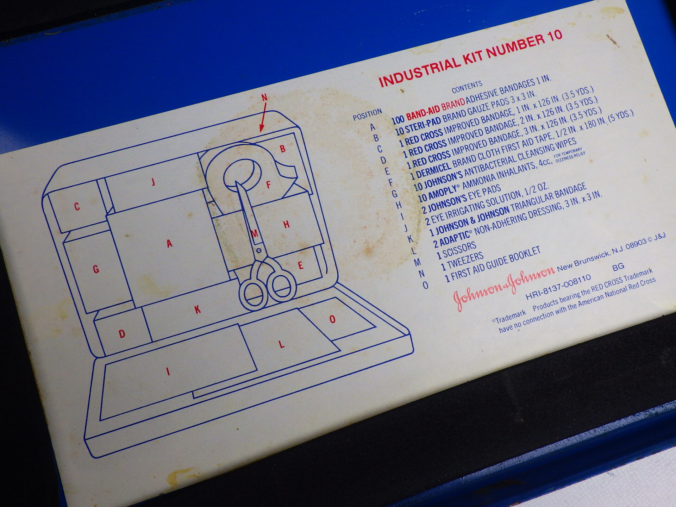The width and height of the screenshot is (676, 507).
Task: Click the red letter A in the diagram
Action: (170, 243)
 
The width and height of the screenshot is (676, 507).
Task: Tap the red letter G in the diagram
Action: (96, 269)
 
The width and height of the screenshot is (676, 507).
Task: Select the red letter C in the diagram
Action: (77, 206)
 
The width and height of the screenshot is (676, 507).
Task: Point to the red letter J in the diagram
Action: (153, 182)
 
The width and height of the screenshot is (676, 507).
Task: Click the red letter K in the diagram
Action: (198, 309)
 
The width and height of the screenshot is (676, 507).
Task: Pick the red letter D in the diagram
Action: (122, 333)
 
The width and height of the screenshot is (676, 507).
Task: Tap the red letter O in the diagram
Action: (332, 319)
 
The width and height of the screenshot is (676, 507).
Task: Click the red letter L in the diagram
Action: (281, 344)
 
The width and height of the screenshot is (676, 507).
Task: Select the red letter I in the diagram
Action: (168, 371)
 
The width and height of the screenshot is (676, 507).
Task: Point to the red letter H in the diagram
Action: (286, 224)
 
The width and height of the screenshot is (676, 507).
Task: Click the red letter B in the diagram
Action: (283, 149)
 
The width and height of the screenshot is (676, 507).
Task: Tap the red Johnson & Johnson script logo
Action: (503, 288)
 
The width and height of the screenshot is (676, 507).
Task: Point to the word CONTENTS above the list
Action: (467, 87)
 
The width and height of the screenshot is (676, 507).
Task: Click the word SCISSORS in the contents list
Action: (459, 249)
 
